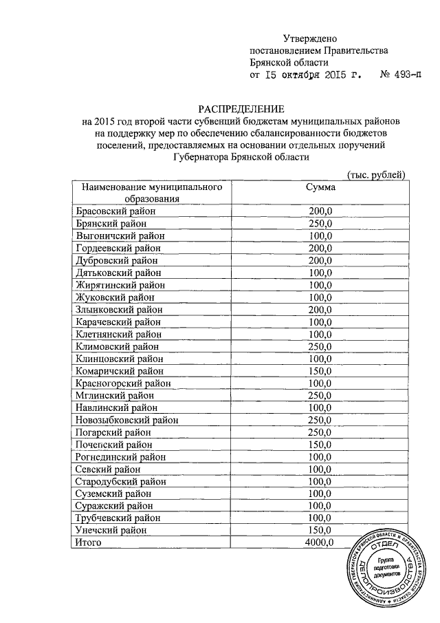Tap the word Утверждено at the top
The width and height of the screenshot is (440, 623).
pos(311,39)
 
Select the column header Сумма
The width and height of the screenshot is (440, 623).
pos(320,187)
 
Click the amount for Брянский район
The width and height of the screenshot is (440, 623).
pos(320,224)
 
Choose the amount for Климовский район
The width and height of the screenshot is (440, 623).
pos(320,346)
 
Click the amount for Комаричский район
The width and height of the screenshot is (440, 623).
pos(320,371)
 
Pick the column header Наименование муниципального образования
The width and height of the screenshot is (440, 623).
pos(151,193)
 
